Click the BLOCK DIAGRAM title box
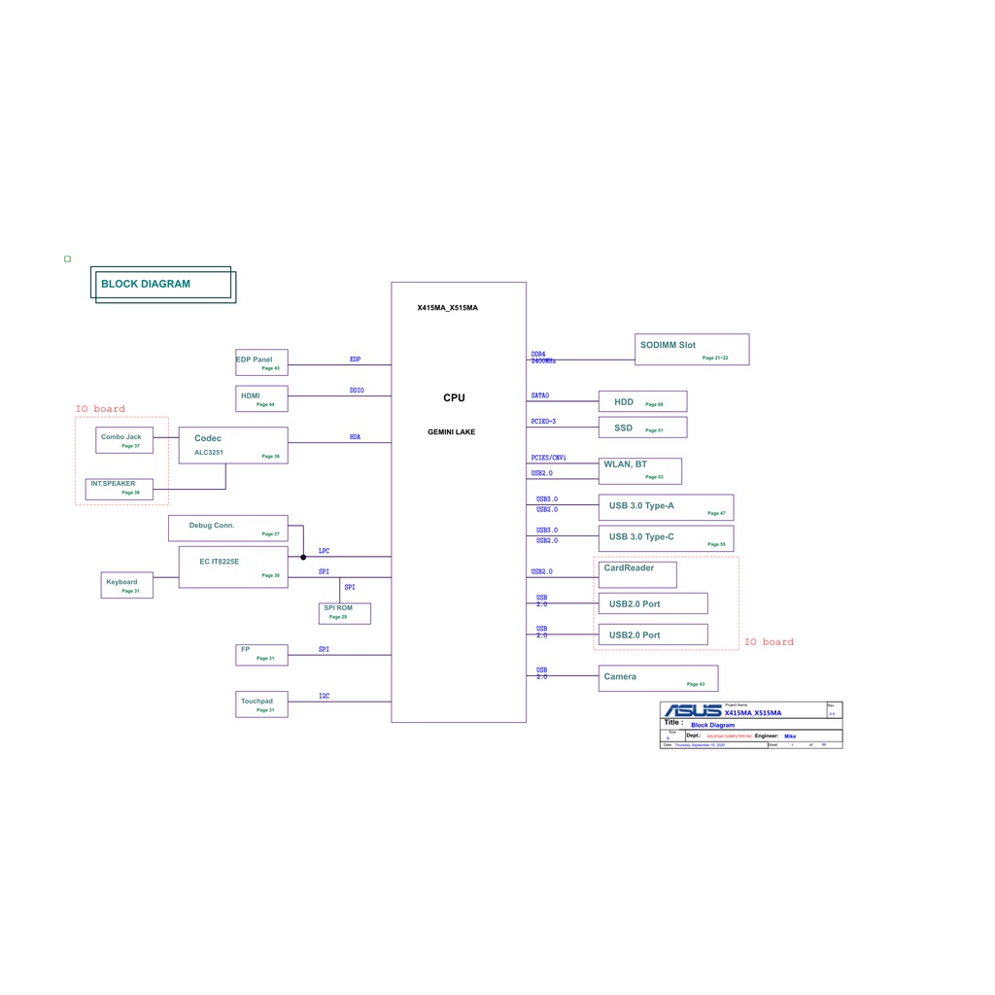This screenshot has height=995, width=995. tap(163, 284)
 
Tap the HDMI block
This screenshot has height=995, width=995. tap(261, 398)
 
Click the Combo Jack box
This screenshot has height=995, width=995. tap(124, 440)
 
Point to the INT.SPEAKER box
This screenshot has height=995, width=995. tap(119, 488)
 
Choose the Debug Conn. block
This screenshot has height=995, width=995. tap(228, 528)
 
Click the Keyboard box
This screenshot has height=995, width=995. tap(126, 585)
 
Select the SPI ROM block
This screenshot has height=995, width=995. tap(344, 612)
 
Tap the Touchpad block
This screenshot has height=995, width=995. tap(261, 704)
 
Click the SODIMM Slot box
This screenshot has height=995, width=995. tap(692, 350)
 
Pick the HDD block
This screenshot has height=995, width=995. tap(642, 401)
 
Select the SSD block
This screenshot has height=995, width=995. tap(642, 428)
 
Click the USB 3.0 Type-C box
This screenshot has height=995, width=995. tap(666, 537)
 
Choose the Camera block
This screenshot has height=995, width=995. tap(658, 678)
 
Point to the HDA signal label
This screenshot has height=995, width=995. tap(355, 437)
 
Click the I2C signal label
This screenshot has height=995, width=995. tap(324, 696)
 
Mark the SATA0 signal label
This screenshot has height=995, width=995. tap(539, 395)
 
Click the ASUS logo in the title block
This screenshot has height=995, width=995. tap(692, 712)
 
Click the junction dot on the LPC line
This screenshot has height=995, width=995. tap(303, 557)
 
